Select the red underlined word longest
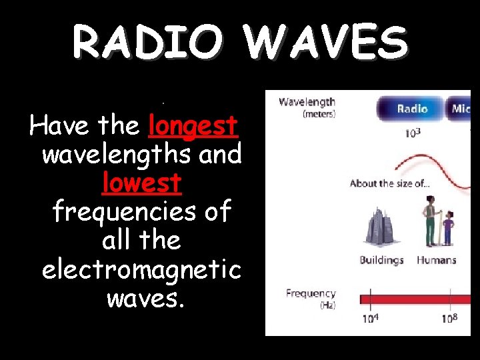pyautogui.click(x=194, y=125)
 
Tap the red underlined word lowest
pyautogui.click(x=142, y=182)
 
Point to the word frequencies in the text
pyautogui.click(x=141, y=211)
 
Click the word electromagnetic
pyautogui.click(x=141, y=269)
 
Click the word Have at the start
pyautogui.click(x=60, y=125)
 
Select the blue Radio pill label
pyautogui.click(x=412, y=109)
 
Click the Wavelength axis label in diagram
pyautogui.click(x=307, y=103)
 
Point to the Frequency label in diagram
pyautogui.click(x=311, y=293)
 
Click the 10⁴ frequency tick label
pyautogui.click(x=371, y=318)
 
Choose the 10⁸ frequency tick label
pyautogui.click(x=449, y=318)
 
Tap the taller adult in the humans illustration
pyautogui.click(x=431, y=220)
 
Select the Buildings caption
pyautogui.click(x=381, y=260)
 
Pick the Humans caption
pyautogui.click(x=436, y=260)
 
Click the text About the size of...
pyautogui.click(x=390, y=183)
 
